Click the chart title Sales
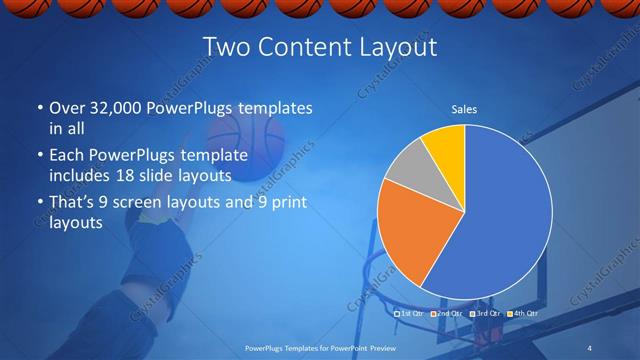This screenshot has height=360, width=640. pos(464,109)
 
